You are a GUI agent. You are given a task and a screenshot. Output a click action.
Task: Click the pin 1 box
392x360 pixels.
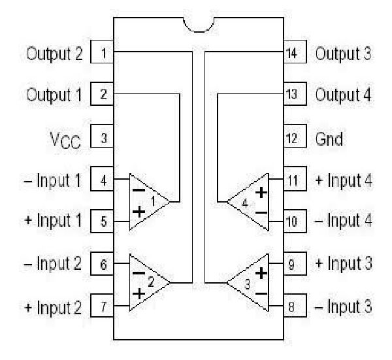tap(103, 52)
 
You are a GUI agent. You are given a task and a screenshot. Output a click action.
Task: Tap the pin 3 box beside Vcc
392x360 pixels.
tap(103, 138)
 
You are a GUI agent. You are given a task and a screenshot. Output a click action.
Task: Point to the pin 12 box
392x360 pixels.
tap(292, 138)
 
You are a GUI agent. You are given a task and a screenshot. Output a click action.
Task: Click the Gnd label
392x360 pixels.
tap(331, 139)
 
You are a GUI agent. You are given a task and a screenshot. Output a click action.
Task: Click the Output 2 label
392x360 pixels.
tap(54, 53)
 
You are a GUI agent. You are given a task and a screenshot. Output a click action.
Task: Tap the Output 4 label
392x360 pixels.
tap(344, 94)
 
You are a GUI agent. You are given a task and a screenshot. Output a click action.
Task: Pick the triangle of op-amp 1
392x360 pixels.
tap(148, 201)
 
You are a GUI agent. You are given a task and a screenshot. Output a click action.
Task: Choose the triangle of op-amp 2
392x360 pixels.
tap(148, 282)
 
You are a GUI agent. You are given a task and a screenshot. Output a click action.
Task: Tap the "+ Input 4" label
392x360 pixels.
tap(344, 180)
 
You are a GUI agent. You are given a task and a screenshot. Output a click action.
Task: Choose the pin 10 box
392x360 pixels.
tap(292, 221)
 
